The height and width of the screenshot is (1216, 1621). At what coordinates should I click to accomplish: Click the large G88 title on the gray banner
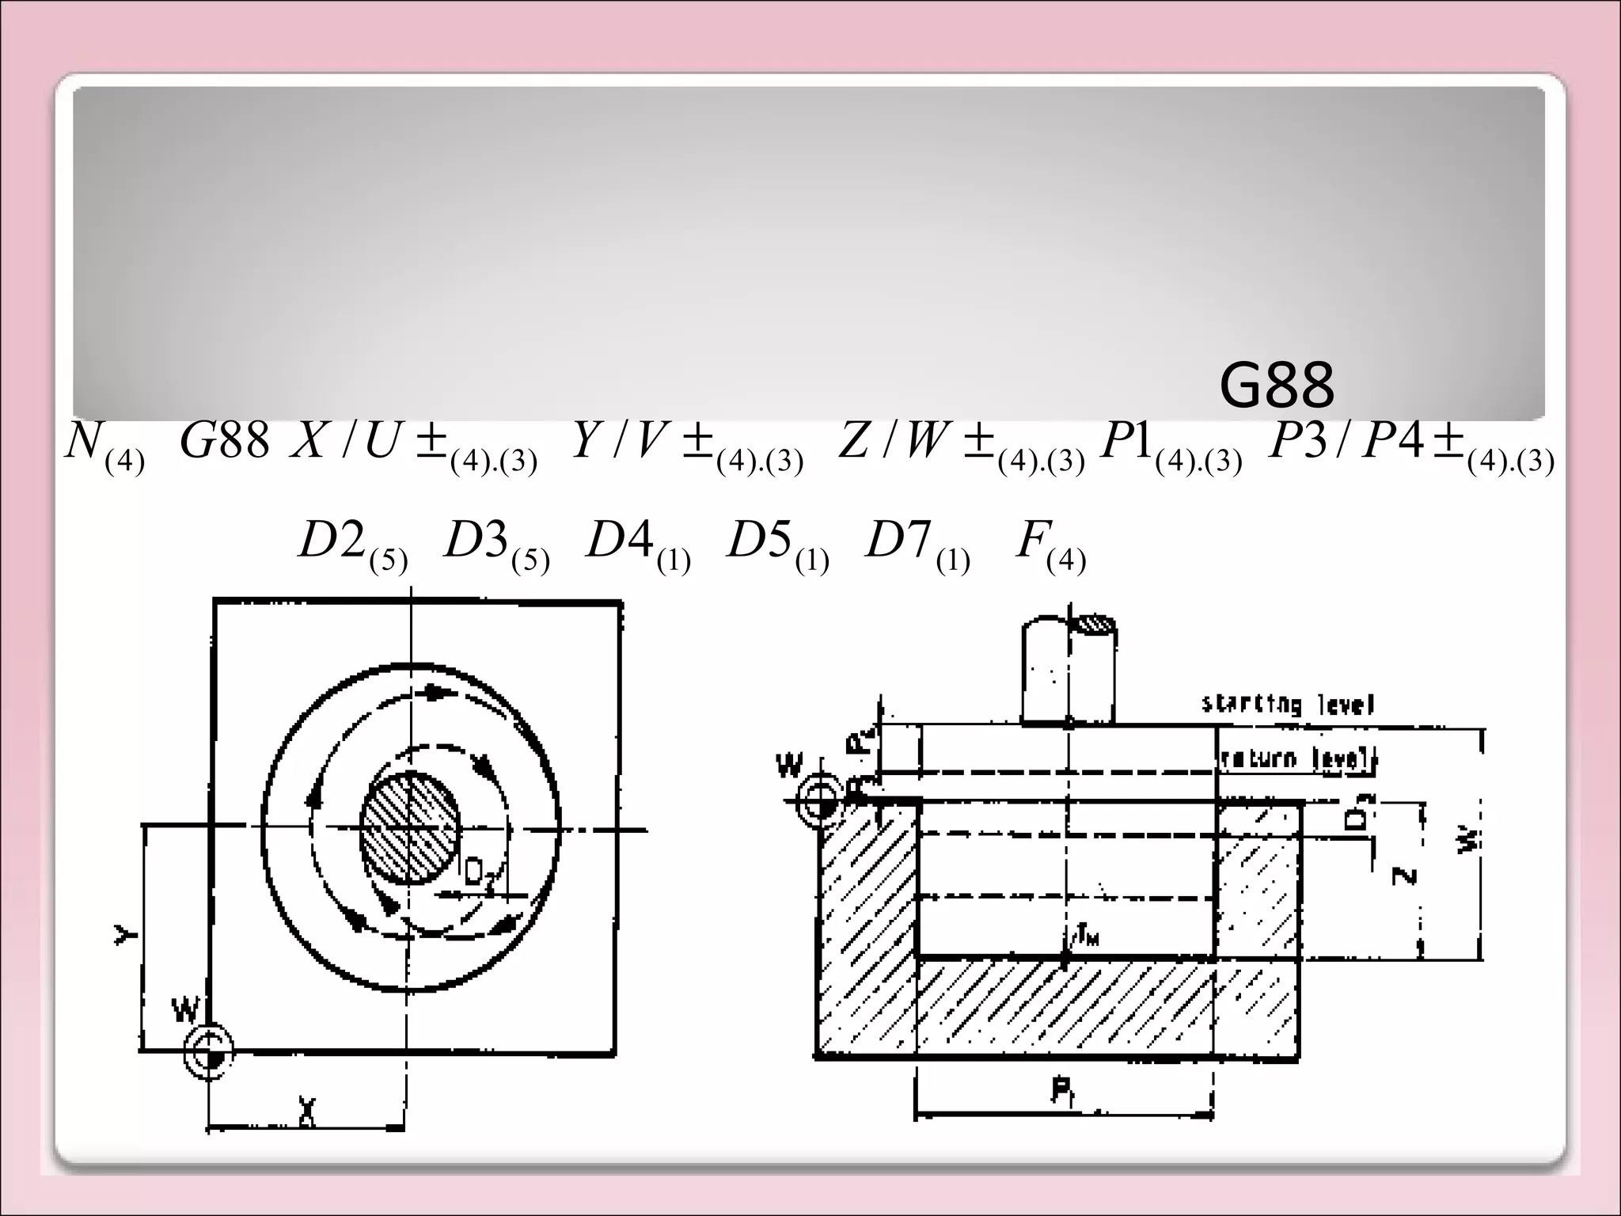1277,387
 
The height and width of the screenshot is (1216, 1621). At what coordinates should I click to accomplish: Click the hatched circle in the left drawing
409,828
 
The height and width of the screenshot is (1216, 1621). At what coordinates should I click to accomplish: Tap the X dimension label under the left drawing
307,1111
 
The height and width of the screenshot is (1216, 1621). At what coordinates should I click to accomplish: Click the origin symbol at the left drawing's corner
209,1051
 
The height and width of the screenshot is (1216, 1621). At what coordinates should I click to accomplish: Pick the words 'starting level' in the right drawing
1288,703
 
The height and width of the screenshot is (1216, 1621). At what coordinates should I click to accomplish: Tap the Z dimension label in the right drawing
1403,876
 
